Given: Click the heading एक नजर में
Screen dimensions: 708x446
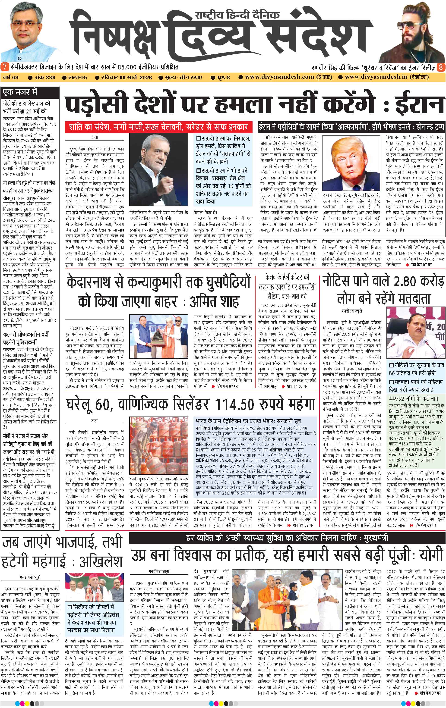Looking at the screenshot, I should [20, 92].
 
